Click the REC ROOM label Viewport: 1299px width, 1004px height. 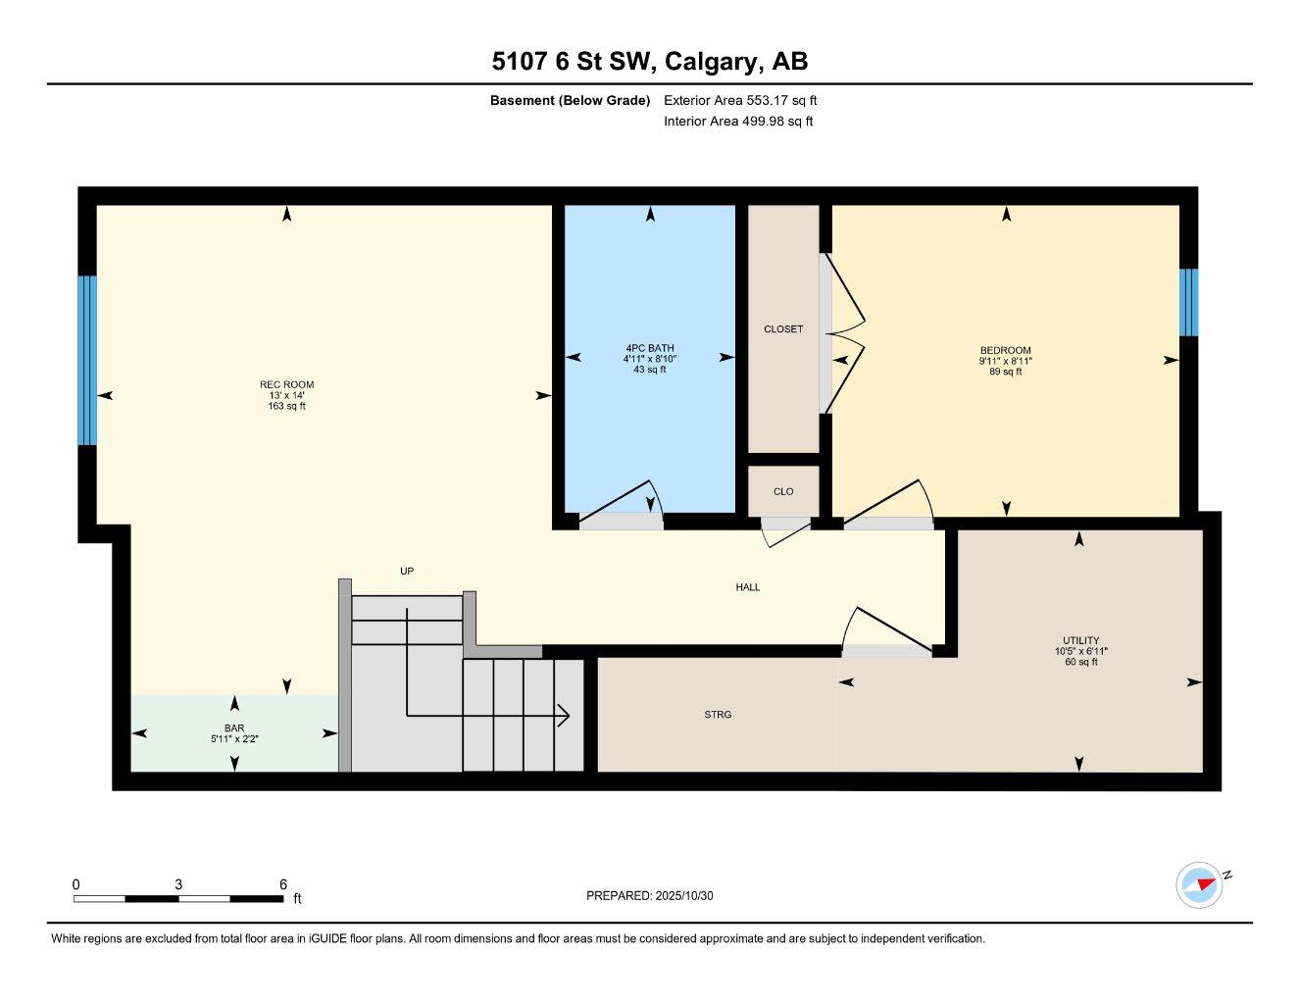click(x=286, y=384)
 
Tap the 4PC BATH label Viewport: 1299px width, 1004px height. click(x=649, y=348)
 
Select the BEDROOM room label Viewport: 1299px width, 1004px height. click(x=1005, y=350)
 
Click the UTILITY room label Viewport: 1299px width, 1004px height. click(x=1080, y=640)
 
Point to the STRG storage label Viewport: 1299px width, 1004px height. click(x=718, y=715)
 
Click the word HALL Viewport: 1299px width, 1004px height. click(x=748, y=587)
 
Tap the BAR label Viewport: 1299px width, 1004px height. click(x=233, y=728)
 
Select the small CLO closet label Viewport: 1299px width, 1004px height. click(x=782, y=491)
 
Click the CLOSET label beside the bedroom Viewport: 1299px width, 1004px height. click(x=782, y=328)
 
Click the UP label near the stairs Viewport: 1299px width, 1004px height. click(x=407, y=571)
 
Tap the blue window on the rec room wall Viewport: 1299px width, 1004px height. click(x=87, y=360)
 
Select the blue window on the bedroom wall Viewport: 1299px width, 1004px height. click(x=1188, y=302)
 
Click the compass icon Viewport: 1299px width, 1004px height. click(x=1199, y=884)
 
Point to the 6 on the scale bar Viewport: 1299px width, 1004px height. click(x=282, y=883)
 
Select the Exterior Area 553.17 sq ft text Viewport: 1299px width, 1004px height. click(x=740, y=100)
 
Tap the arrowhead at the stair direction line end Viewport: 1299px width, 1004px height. click(x=565, y=716)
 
